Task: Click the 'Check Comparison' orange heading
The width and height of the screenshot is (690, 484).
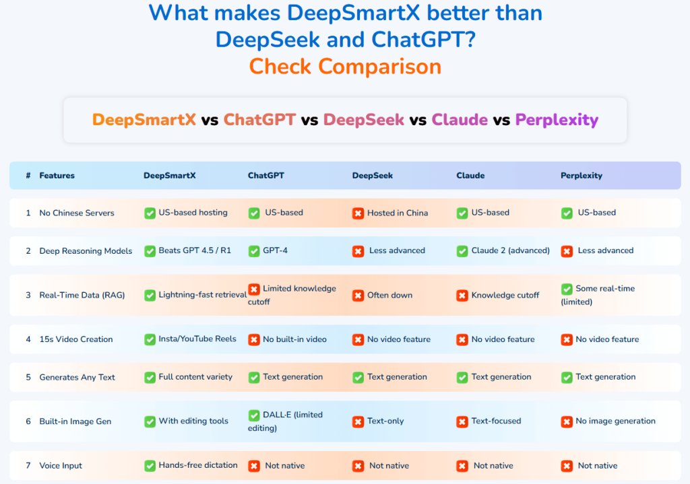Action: click(x=345, y=67)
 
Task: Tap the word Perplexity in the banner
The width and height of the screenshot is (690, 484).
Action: click(x=557, y=120)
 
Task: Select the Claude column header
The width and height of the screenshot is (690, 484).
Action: click(x=470, y=176)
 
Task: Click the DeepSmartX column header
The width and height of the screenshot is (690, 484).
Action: click(x=169, y=176)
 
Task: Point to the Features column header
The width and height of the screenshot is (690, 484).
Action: click(x=57, y=176)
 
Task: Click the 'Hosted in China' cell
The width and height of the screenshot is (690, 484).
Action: click(x=397, y=213)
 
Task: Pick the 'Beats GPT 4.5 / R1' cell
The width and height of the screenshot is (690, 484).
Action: click(x=195, y=250)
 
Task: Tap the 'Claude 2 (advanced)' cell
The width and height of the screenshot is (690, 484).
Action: click(x=510, y=250)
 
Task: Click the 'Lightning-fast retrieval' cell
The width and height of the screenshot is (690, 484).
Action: click(x=202, y=295)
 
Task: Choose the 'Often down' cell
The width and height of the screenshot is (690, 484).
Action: click(x=389, y=295)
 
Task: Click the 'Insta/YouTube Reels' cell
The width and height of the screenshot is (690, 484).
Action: click(x=197, y=339)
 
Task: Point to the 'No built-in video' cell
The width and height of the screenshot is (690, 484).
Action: click(x=294, y=339)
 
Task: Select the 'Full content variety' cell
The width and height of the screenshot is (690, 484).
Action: click(x=195, y=377)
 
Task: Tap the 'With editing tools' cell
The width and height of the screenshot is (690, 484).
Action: click(x=193, y=421)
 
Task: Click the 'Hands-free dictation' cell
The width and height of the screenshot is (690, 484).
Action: click(x=198, y=465)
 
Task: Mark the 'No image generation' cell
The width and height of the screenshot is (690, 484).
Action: click(x=615, y=421)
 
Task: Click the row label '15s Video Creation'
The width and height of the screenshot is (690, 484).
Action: click(x=76, y=339)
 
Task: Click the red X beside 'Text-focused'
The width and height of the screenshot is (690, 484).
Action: click(x=462, y=422)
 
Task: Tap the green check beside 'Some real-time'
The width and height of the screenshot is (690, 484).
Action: click(x=567, y=289)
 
